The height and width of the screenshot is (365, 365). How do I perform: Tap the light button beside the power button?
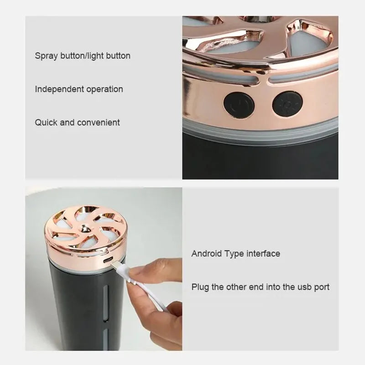pyautogui.click(x=287, y=104)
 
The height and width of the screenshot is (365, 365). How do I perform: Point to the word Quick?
pyautogui.click(x=46, y=122)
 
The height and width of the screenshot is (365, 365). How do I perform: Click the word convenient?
pyautogui.click(x=99, y=122)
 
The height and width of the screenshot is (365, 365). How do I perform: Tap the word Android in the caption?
pyautogui.click(x=208, y=253)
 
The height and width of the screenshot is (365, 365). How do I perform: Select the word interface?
pyautogui.click(x=263, y=253)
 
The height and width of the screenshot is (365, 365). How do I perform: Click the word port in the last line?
pyautogui.click(x=321, y=287)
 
